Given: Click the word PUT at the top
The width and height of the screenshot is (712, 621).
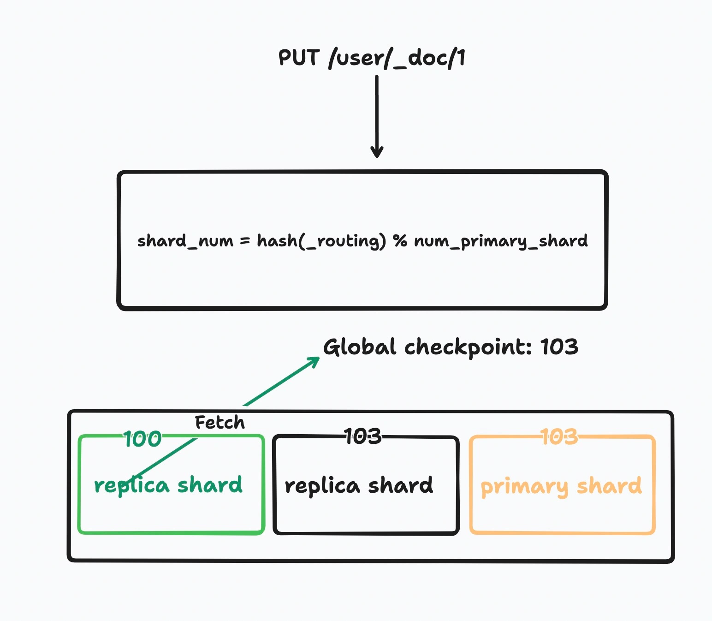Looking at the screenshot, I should coord(299,58).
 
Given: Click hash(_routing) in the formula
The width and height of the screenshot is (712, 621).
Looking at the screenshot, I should coord(321,241).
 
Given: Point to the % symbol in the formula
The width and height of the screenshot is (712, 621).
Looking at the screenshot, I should coord(400,241).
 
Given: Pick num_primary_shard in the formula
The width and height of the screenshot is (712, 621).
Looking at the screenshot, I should coord(501,241).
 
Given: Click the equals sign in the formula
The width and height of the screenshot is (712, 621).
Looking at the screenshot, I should coord(244,241).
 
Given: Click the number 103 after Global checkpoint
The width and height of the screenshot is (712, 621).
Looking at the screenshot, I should coord(559,347).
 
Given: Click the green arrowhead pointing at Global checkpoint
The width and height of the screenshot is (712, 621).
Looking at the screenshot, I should coord(314,361).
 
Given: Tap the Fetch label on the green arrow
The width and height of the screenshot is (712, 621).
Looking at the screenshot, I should coord(220,423).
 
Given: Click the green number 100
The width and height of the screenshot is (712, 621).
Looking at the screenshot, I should coord(142,439).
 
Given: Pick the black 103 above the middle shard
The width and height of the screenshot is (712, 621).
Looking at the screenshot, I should coord(363,436).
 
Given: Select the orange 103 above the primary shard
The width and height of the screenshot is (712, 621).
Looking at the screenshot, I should coord(559,436).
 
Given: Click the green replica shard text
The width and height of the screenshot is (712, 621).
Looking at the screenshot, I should coord(168,485).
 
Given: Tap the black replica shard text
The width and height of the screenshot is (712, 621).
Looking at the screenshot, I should coord(359,486).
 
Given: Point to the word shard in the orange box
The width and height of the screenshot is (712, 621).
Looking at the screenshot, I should coord(609,486).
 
